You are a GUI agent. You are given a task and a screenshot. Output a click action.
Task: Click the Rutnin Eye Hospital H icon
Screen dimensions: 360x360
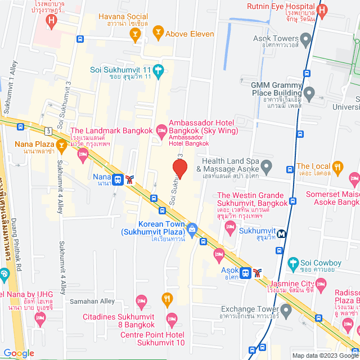[x=322, y=11]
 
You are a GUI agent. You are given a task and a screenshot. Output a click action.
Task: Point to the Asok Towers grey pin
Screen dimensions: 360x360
[x=305, y=39]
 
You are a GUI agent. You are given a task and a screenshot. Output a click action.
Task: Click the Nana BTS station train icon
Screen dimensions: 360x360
[x=118, y=179]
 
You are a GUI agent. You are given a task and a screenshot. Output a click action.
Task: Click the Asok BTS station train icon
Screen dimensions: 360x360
[x=245, y=273]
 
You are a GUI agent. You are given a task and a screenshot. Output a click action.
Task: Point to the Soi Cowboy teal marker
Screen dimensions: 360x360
[x=292, y=263]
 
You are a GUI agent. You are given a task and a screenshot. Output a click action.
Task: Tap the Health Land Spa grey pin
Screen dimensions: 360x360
[x=267, y=165]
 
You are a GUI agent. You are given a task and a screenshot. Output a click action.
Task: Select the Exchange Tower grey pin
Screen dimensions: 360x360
[x=286, y=309]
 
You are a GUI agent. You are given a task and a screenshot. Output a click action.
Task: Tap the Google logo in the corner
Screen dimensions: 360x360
[x=18, y=353]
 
